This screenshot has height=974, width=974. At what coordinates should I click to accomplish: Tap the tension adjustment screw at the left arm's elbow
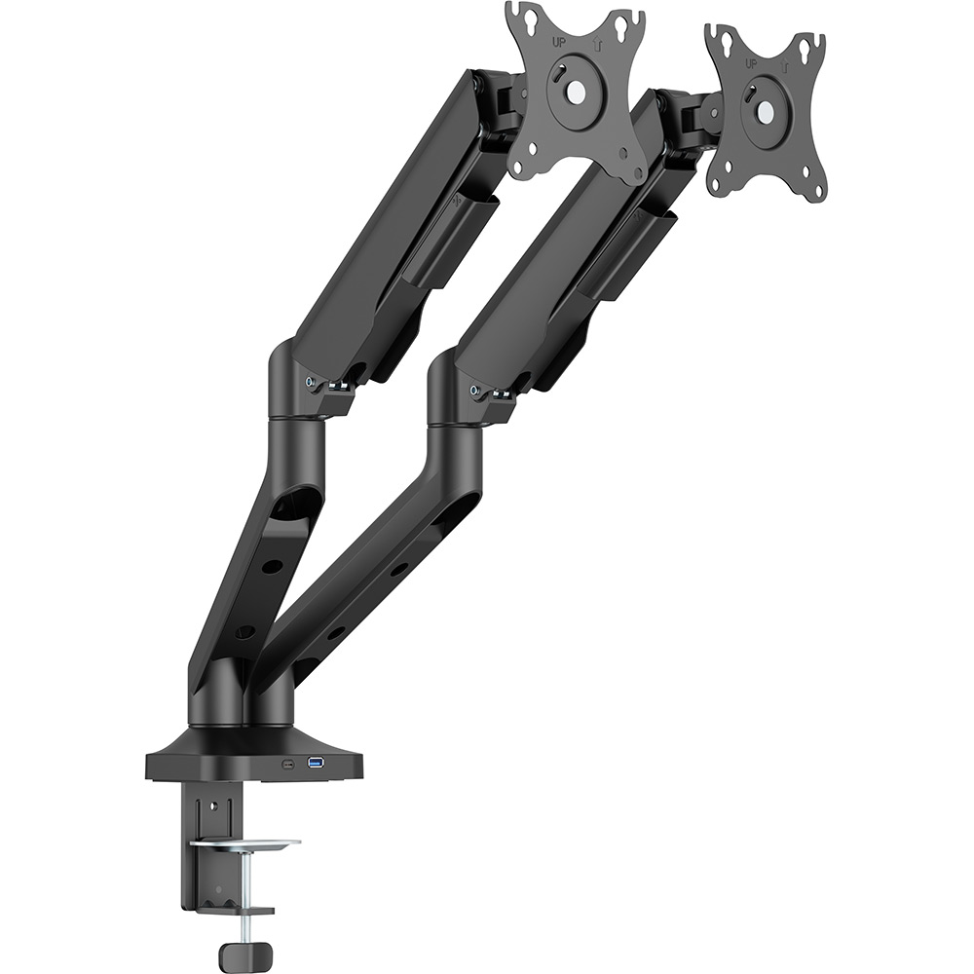[x=311, y=383]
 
